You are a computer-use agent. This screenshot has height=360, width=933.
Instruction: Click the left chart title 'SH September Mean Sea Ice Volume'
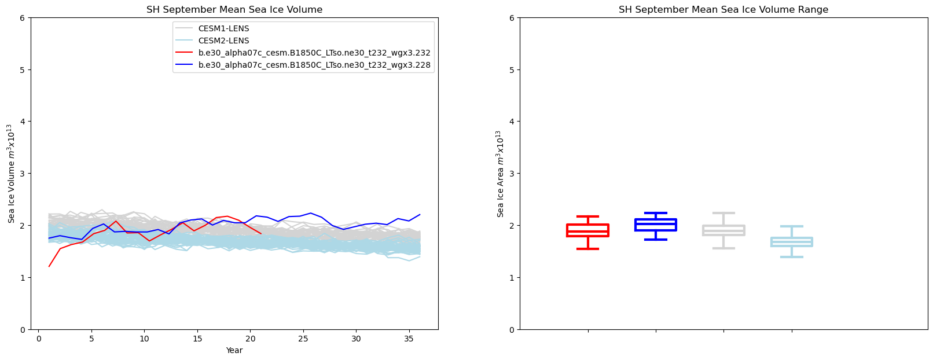234,10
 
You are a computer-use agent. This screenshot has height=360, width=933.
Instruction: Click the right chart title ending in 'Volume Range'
723,10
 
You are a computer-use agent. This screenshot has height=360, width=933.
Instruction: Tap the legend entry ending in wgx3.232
314,53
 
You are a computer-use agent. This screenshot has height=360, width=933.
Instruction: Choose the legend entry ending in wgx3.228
314,65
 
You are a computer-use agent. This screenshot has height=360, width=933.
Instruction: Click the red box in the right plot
588,230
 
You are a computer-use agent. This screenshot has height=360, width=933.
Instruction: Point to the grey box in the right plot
723,230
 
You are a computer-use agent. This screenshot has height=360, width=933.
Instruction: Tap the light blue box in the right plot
792,241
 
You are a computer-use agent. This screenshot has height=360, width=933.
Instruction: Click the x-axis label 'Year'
234,351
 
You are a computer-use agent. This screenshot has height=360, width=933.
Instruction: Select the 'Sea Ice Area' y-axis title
500,173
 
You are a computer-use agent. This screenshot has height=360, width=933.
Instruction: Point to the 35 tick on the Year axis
409,339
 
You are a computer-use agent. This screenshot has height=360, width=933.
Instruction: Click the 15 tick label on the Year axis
197,339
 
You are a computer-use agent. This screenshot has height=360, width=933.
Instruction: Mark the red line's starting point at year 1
49,266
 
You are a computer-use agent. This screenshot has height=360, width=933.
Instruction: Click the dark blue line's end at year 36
420,215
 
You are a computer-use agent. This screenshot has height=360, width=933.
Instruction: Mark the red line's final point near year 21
261,233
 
